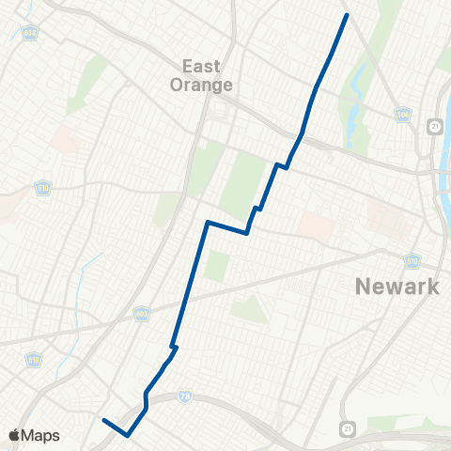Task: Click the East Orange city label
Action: click(201, 74)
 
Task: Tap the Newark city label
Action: click(397, 286)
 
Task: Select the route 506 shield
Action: click(404, 116)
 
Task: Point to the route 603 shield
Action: click(142, 315)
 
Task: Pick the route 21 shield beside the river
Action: click(432, 126)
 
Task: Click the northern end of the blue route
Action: click(347, 15)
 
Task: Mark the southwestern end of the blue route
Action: click(103, 420)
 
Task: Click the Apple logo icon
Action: click(14, 435)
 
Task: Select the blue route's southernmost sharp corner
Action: click(127, 434)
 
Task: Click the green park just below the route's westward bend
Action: click(216, 266)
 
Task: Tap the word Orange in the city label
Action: click(201, 84)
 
